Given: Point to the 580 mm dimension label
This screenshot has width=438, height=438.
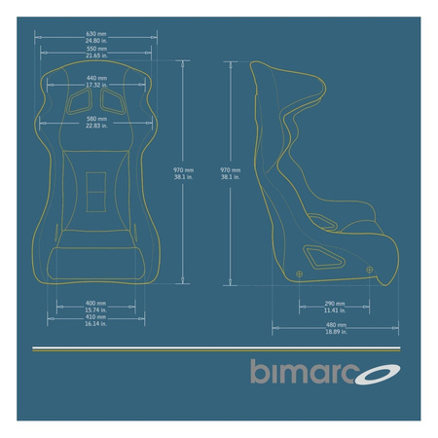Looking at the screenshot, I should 96,122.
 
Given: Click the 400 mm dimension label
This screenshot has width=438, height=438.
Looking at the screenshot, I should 96,305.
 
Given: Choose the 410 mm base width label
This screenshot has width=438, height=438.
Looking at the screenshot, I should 96,319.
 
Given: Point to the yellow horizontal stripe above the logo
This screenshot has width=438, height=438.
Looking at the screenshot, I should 219,347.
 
